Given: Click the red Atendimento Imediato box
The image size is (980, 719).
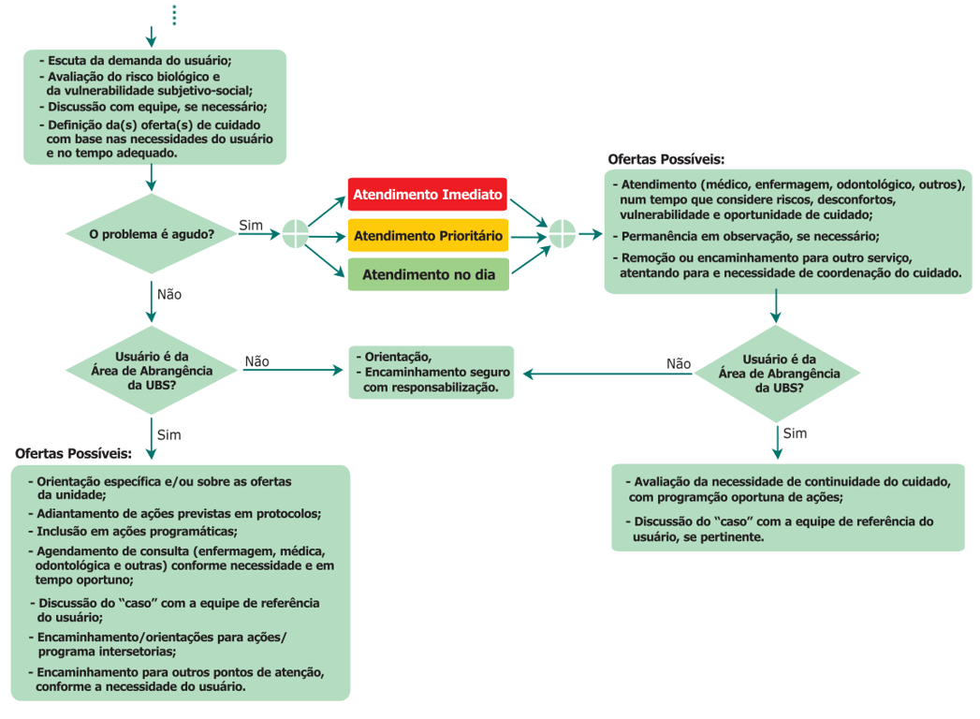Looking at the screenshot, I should tap(427, 195).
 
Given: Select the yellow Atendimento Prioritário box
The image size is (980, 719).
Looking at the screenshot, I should tap(427, 235).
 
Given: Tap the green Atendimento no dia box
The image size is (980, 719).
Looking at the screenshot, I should tap(427, 275).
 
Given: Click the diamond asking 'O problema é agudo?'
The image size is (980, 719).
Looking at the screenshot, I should tap(151, 234).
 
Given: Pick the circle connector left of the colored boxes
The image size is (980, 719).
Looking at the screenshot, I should tap(295, 234).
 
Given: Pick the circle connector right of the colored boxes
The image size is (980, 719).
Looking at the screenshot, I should tap(562, 234).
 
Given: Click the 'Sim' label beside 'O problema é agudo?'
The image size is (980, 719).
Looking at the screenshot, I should tap(251, 225).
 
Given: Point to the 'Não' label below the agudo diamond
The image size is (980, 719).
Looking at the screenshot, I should tap(169, 294).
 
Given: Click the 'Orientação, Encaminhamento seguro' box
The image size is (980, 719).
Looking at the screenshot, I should tap(431, 372).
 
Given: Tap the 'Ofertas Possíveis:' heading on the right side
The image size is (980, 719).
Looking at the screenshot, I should tap(666, 160).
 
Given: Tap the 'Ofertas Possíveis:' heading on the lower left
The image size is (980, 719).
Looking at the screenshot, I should tap(73, 453).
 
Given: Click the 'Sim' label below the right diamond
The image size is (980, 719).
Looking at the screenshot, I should tap(795, 433).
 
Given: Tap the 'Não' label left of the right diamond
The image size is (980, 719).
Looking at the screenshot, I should tap(679, 364).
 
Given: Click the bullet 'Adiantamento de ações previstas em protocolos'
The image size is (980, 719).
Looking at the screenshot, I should tap(178, 514).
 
